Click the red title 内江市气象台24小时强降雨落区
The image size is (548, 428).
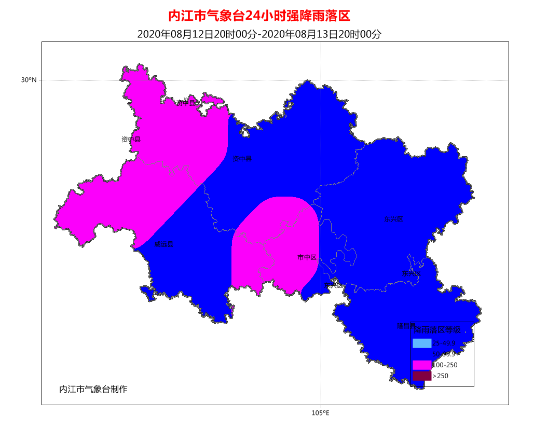[x=259, y=16]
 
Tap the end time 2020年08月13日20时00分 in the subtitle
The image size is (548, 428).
[x=321, y=34]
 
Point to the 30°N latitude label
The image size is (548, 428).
[x=29, y=80]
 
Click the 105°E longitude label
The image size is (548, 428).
[x=320, y=413]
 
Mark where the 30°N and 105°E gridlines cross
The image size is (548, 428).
[x=321, y=80]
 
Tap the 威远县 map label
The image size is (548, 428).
[x=164, y=244]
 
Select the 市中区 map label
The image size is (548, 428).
[x=307, y=257]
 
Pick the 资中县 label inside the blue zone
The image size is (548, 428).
[x=242, y=159]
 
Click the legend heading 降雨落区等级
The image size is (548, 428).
[x=437, y=329]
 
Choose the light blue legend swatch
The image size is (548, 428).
[x=422, y=343]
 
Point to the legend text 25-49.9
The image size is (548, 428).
[x=444, y=343]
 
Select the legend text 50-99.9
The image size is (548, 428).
[x=444, y=354]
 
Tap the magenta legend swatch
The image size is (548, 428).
[x=422, y=365]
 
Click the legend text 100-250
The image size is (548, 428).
[x=445, y=365]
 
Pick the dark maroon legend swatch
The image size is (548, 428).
[x=422, y=376]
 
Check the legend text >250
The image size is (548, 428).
[x=441, y=376]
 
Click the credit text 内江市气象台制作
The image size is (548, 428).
[x=93, y=389]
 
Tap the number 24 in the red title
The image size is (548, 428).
[x=252, y=16]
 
